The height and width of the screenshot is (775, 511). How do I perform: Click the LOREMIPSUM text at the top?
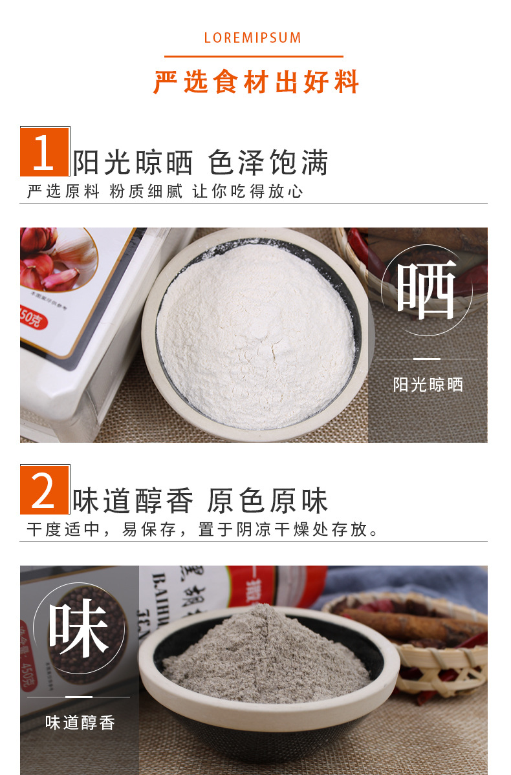[253, 38]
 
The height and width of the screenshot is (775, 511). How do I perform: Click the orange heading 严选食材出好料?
[256, 82]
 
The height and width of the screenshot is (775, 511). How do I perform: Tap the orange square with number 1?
[44, 152]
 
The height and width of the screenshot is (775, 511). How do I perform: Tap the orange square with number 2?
[44, 490]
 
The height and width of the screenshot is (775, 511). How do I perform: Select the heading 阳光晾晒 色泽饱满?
[201, 163]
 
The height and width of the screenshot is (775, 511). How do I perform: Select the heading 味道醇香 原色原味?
[201, 501]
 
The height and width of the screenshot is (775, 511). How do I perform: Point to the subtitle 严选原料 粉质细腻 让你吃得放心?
[165, 191]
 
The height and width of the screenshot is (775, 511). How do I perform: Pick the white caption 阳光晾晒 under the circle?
[428, 385]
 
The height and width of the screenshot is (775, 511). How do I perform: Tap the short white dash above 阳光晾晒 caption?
[427, 359]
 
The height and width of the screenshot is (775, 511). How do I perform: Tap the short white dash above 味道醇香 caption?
[79, 697]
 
